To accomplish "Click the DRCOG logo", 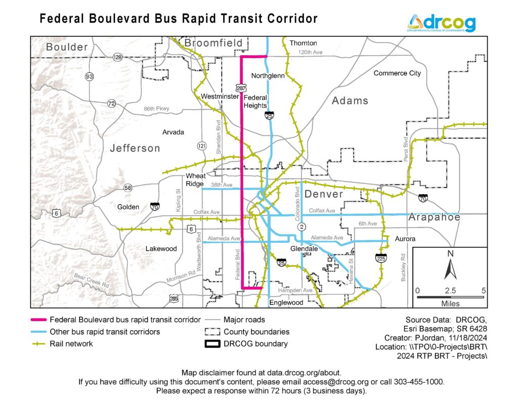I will (x=441, y=23).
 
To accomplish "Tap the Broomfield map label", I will (x=213, y=43).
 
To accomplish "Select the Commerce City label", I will (x=397, y=73).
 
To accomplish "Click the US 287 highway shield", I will (x=241, y=87).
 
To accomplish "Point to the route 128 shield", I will (x=118, y=58).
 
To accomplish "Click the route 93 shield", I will (x=90, y=77).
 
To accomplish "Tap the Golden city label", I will (x=128, y=207).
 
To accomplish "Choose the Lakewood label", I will (x=161, y=249).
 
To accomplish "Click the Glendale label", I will (x=304, y=249).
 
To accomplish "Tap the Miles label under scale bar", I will (x=450, y=303).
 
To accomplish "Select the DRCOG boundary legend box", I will (x=212, y=344).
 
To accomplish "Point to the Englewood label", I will (x=286, y=302).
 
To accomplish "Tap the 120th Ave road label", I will (x=310, y=53).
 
